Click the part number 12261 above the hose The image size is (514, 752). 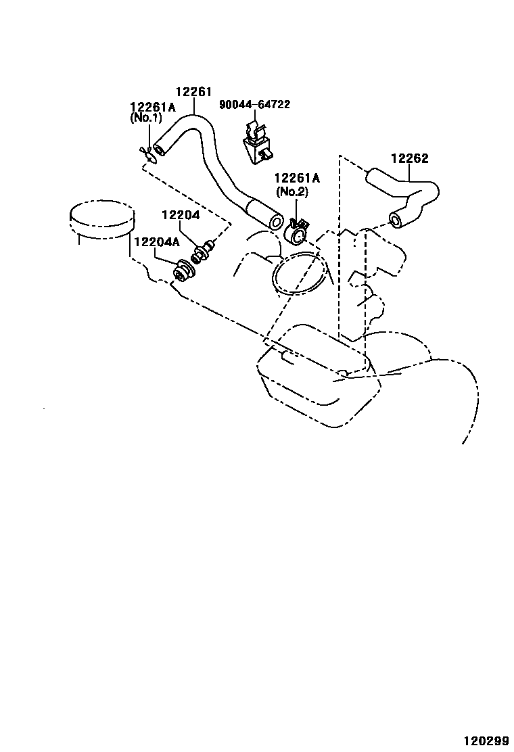click(x=194, y=92)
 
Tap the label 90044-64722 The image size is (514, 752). click(x=254, y=104)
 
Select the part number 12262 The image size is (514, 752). click(x=409, y=159)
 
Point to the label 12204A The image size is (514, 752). click(x=156, y=242)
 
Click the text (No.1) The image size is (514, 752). click(x=146, y=117)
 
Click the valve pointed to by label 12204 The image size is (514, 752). click(x=202, y=252)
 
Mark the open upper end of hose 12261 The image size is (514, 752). click(x=160, y=147)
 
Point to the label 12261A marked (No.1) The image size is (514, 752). click(x=152, y=106)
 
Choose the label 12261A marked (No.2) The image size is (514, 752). click(x=296, y=179)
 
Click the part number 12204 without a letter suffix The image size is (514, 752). click(x=180, y=215)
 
